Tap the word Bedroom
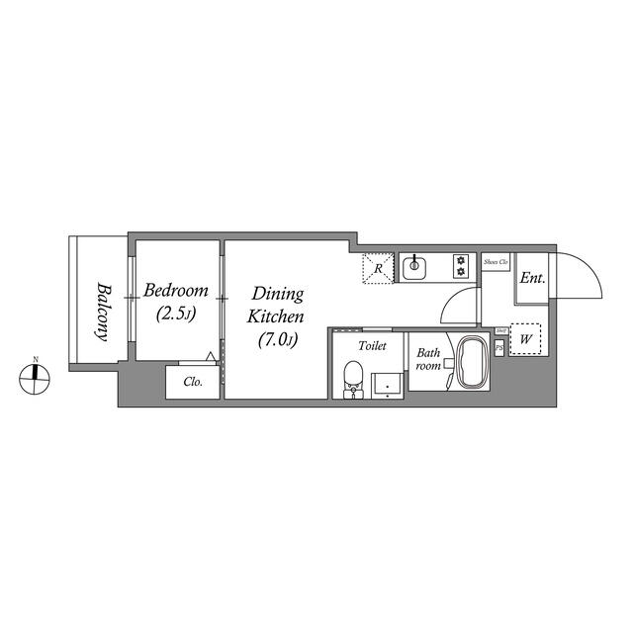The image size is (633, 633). coord(175,291)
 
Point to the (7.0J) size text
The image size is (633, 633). coord(276,339)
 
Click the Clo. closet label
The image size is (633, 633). coord(193,382)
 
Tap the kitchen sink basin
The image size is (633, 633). coord(414,265)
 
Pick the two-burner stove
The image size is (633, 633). coord(460,265)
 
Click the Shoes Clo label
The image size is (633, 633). coord(496,262)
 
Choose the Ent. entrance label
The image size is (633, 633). coord(532,278)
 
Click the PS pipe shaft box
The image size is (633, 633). coord(498,347)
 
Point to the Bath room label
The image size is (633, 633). coord(428,358)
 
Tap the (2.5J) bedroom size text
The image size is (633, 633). coord(175,315)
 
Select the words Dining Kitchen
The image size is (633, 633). coord(276,305)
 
